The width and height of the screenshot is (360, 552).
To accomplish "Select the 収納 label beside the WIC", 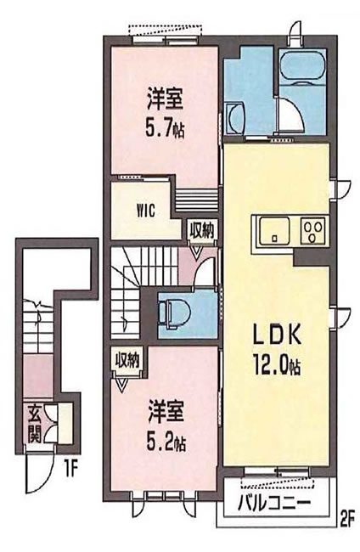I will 201,228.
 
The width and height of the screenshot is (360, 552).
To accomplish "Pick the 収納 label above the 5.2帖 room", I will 128,360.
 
